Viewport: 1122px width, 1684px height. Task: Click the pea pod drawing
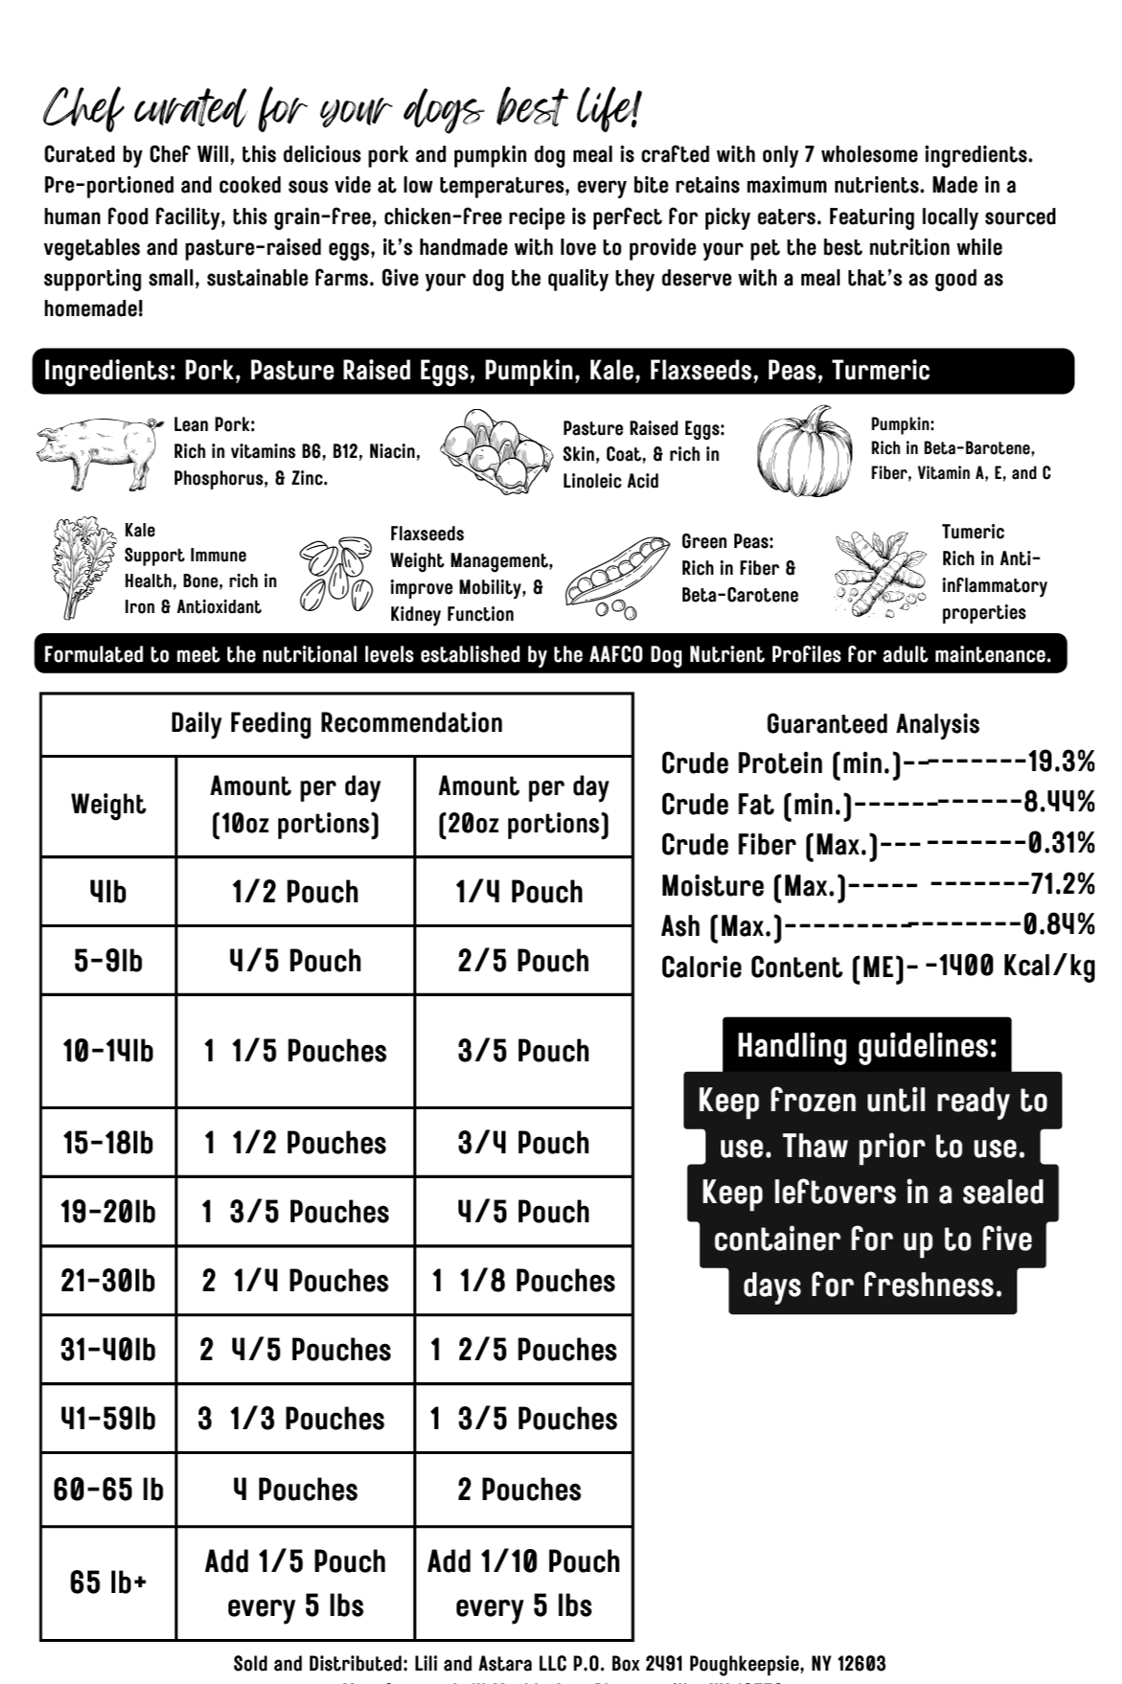tap(616, 575)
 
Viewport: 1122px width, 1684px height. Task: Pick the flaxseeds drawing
tap(335, 574)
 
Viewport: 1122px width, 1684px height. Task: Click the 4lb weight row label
tap(107, 892)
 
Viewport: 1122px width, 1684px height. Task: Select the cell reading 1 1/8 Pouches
tap(523, 1281)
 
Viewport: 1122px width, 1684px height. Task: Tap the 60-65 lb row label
tap(107, 1490)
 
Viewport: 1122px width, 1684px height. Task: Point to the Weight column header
tap(107, 805)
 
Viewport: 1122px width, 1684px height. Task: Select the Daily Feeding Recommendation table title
tap(336, 723)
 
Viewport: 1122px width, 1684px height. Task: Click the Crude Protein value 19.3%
tap(1061, 762)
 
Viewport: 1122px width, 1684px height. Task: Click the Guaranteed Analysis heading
tap(873, 724)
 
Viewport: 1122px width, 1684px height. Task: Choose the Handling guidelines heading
tap(866, 1046)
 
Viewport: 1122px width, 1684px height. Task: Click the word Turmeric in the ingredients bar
tap(881, 371)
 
